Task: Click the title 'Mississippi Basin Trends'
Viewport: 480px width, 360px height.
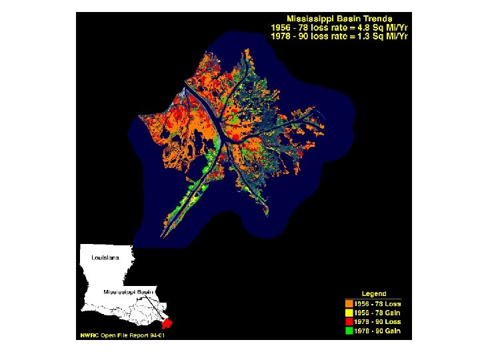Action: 339,18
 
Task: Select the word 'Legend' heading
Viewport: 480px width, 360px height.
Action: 373,293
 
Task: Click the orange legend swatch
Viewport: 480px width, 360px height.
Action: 348,303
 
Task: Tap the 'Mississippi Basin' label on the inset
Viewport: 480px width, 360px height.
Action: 128,292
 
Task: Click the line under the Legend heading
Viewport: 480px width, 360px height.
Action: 373,298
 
